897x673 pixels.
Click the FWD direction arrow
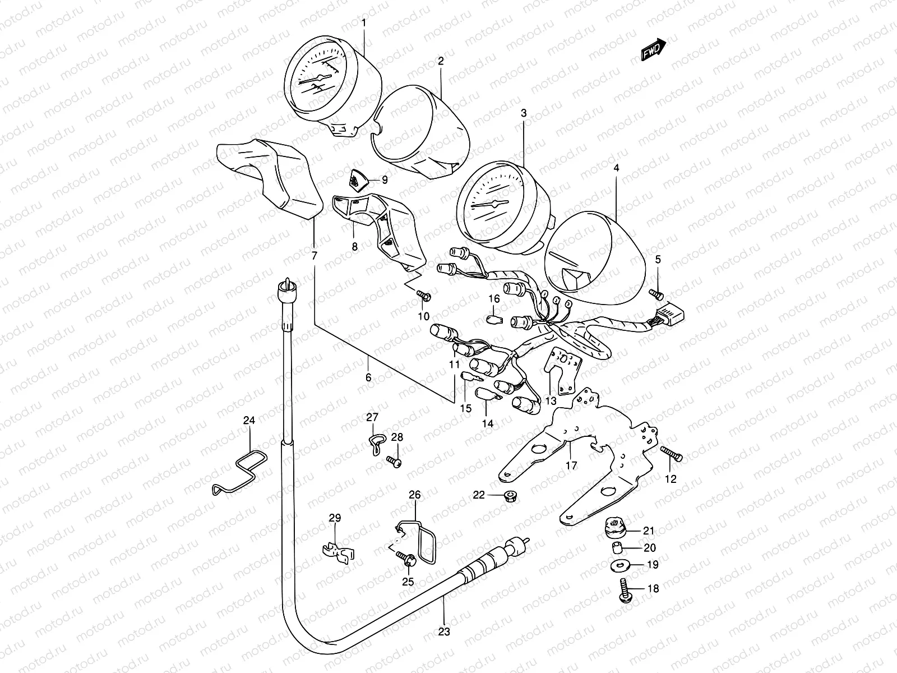(653, 50)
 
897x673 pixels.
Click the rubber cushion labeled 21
(615, 527)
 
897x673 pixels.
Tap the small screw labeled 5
(656, 293)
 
